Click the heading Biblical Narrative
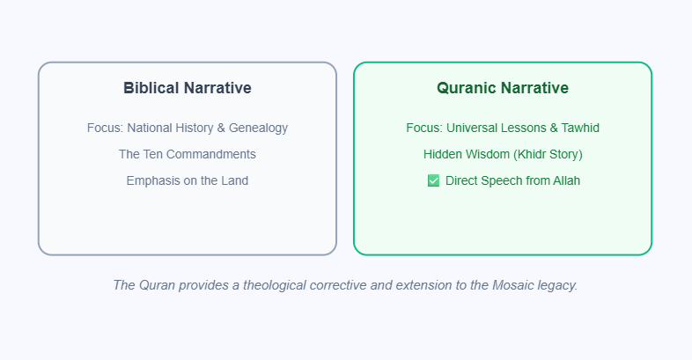point(188,88)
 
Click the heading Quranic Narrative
point(503,88)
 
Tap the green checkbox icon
point(433,181)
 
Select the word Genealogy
point(258,129)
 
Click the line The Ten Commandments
point(188,154)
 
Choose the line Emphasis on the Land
point(188,180)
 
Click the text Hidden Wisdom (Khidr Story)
point(503,154)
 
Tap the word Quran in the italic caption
point(157,285)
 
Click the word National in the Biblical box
point(151,129)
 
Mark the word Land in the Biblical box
point(234,180)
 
